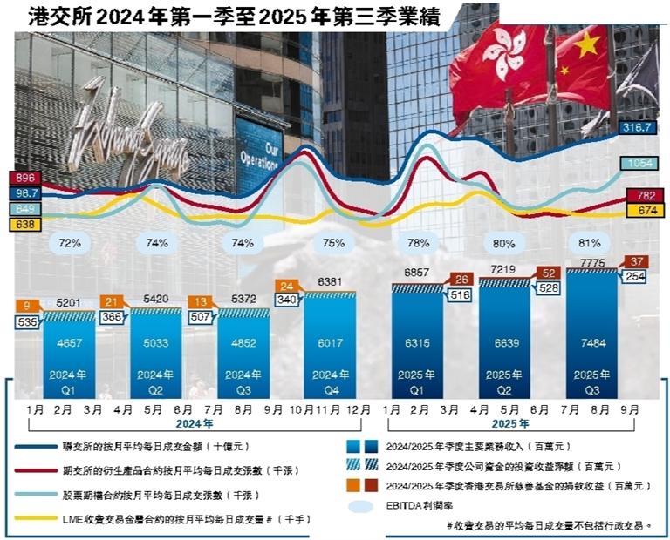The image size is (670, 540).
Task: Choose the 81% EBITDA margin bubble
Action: [x=591, y=243]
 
